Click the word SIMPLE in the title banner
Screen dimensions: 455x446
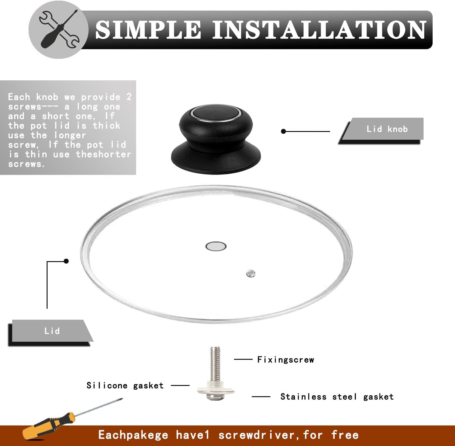point(148,30)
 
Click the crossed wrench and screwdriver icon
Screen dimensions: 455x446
point(59,30)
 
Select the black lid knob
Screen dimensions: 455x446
point(216,139)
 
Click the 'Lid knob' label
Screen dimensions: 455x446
point(387,129)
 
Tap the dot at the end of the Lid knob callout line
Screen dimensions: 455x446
point(283,131)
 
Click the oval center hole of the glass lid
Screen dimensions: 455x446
point(216,246)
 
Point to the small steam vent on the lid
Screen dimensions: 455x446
point(250,274)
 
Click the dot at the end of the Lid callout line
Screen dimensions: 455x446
point(66,261)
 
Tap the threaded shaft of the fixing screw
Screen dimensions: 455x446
point(215,364)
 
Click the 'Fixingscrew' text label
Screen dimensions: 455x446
point(286,360)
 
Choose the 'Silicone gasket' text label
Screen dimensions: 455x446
point(125,385)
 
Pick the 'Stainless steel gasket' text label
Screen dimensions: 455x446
point(337,397)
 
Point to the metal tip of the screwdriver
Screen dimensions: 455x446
point(122,399)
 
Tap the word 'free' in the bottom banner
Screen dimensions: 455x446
point(345,435)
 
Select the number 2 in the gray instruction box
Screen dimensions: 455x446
point(129,97)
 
